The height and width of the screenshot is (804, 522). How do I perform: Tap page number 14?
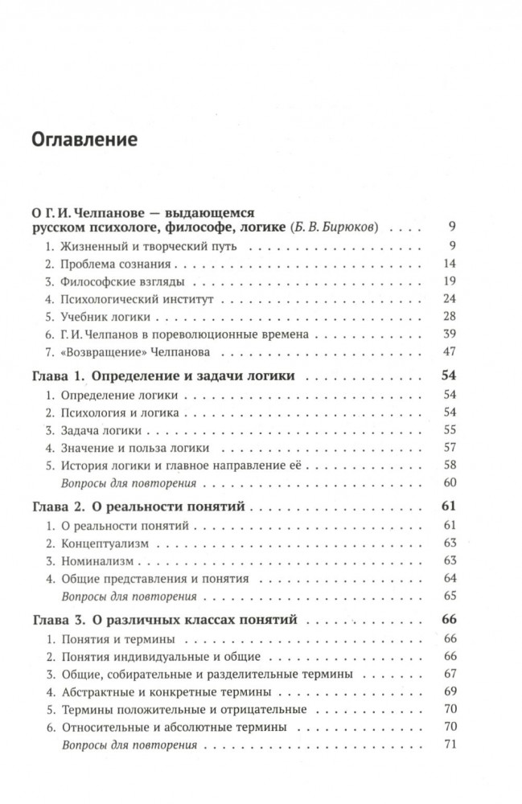tap(450, 263)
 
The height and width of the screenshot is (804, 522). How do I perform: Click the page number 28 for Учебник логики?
tap(450, 316)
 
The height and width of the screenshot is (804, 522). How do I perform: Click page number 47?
tap(450, 351)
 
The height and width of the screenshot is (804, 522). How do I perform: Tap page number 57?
tap(450, 448)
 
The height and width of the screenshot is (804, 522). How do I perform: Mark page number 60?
tap(450, 483)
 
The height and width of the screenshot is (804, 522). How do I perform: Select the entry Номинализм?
tap(97, 561)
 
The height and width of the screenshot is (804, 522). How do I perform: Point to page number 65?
tap(450, 597)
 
